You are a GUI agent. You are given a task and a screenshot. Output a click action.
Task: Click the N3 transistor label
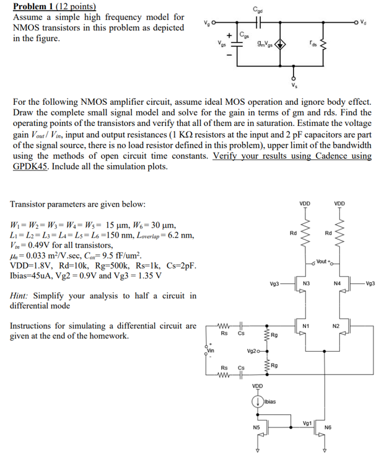point(306,283)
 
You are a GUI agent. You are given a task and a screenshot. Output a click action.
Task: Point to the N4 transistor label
point(336,283)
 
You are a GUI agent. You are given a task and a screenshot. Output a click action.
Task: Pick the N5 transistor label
point(256,428)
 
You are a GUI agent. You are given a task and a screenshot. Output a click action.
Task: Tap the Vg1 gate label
point(307,424)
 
